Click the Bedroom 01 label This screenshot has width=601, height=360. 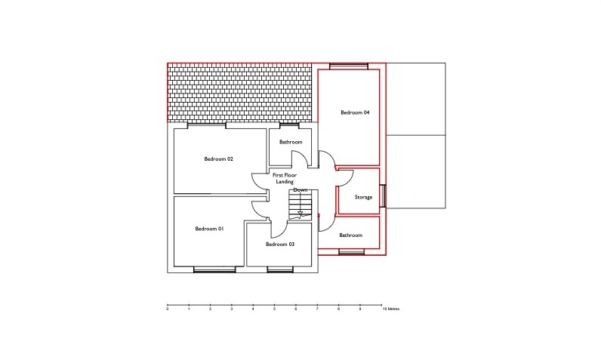tap(209, 229)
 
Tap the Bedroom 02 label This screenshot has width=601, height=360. tap(218, 159)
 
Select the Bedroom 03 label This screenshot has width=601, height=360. tap(280, 244)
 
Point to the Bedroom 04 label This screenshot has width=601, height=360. tap(356, 112)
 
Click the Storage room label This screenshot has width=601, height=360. tap(363, 197)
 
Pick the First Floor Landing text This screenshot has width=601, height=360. tap(285, 178)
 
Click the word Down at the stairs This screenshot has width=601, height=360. tap(300, 190)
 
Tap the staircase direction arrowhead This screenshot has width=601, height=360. tap(300, 214)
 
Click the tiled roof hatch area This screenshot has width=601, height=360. tap(239, 92)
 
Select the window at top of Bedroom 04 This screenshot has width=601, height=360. tap(349, 66)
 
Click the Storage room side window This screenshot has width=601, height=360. tap(383, 196)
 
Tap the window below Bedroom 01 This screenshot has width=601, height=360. tap(214, 269)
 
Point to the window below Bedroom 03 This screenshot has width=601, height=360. tap(280, 269)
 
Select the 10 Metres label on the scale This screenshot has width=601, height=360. tap(391, 309)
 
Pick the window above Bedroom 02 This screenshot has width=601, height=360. tap(207, 125)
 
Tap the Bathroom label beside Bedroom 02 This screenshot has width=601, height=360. tap(291, 142)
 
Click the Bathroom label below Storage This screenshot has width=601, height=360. tap(351, 235)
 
